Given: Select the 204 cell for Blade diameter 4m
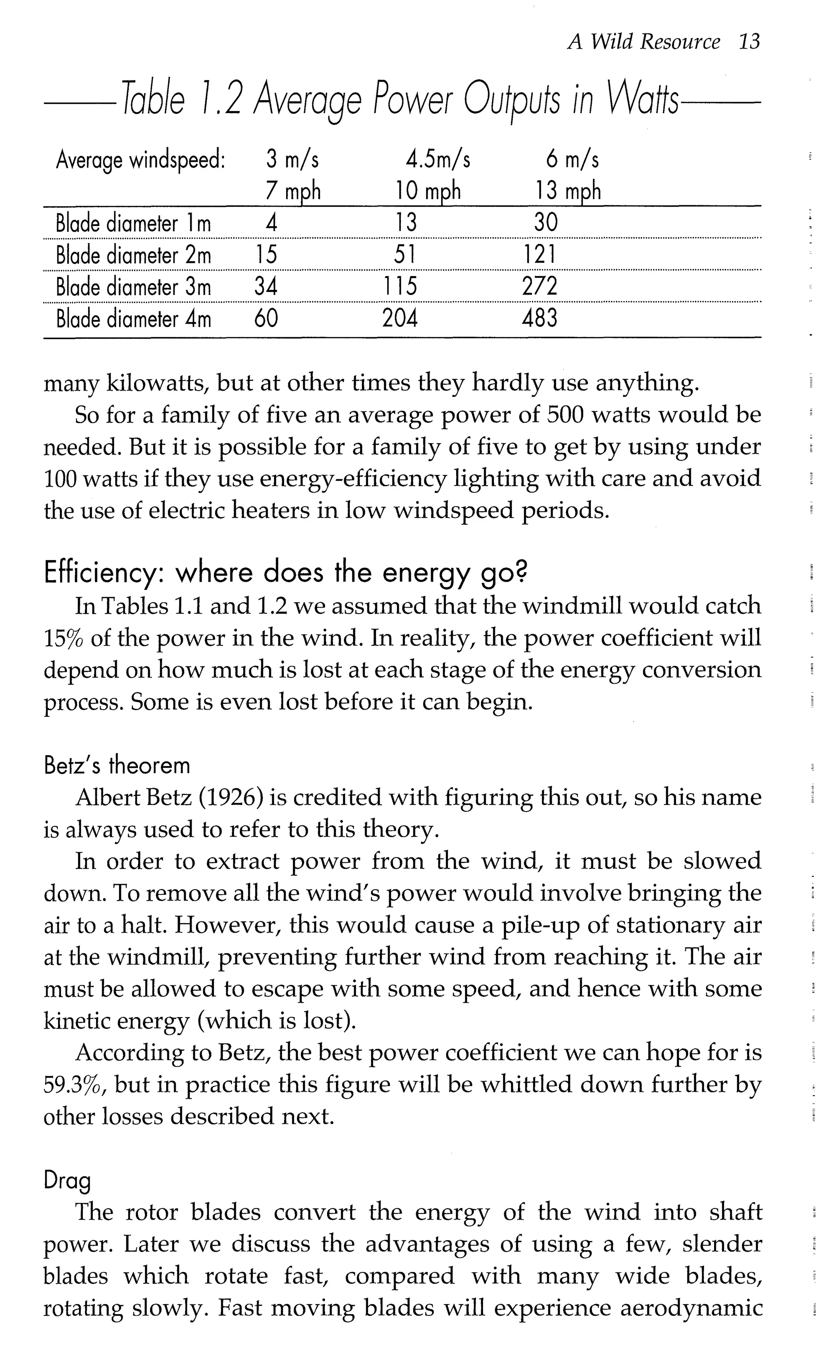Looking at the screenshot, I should point(400,318).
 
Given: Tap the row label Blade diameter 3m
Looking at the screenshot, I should point(133,287).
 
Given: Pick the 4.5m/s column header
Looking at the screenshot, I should point(438,159).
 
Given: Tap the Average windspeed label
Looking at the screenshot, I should point(141,160).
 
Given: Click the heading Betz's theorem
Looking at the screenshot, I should point(117,765).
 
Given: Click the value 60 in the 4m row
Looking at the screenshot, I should point(266,318).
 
